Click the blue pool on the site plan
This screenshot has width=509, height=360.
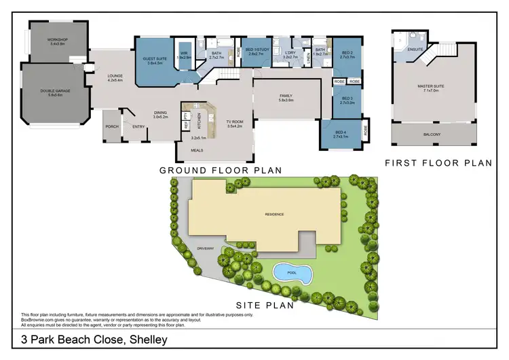coord(293,272)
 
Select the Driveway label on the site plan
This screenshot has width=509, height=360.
coord(206,249)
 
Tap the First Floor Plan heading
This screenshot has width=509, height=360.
coord(438,163)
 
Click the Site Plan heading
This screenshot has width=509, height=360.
coord(264,306)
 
